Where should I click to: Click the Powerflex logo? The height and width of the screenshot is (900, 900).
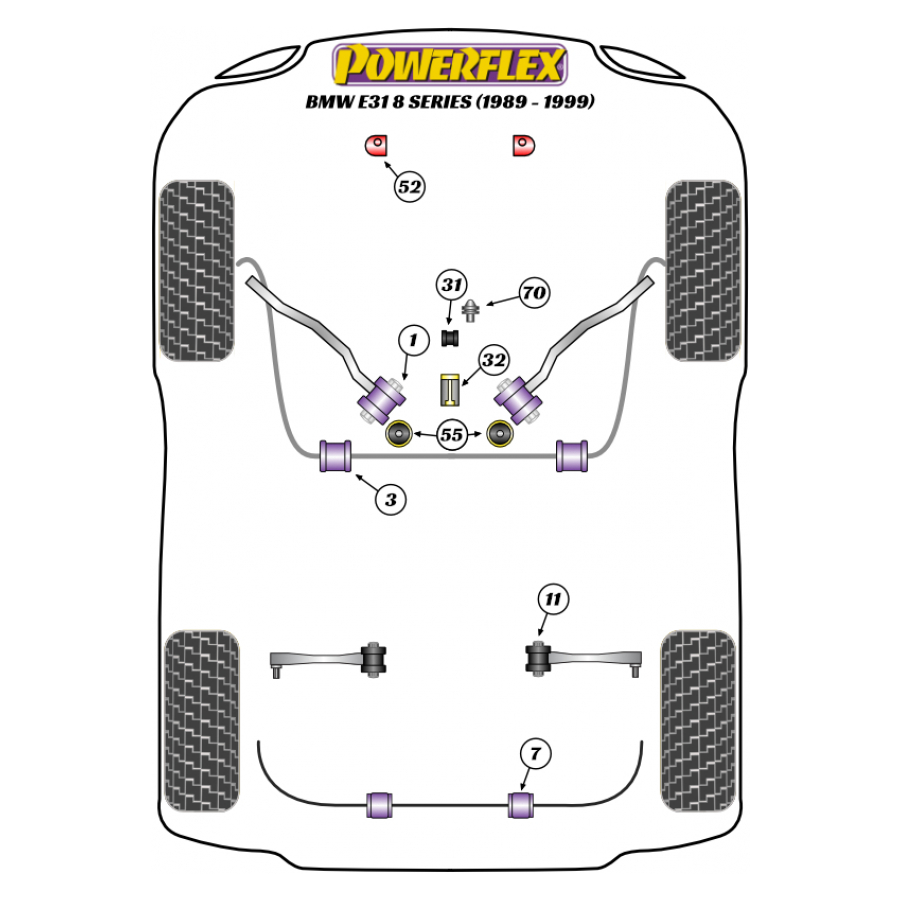pos(449,64)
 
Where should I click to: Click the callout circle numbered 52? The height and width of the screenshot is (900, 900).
pos(409,187)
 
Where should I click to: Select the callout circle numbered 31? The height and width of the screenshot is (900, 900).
pos(452,285)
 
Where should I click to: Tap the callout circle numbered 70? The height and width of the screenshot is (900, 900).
pos(534,293)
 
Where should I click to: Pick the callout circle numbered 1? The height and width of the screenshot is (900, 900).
pos(413,340)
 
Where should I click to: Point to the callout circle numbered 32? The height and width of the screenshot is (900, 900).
pos(494,360)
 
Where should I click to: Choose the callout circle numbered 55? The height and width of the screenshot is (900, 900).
pos(451,435)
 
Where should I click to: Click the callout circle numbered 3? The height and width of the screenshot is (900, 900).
pos(391,499)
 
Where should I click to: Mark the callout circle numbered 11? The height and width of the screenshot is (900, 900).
pos(553,599)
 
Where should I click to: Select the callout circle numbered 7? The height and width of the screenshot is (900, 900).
pos(536,754)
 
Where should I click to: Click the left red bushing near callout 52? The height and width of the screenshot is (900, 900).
pos(377,145)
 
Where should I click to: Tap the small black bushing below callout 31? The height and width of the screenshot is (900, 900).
pos(451,338)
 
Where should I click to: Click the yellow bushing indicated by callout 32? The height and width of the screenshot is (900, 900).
pos(449,390)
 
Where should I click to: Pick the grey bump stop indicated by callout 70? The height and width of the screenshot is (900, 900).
pos(471,311)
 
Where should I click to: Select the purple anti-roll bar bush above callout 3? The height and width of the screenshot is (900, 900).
pos(335,456)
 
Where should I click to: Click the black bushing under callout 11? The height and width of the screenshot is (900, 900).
pos(538,658)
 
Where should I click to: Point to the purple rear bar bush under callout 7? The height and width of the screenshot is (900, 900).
pos(521,805)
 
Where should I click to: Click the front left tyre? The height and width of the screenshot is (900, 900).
pos(196,270)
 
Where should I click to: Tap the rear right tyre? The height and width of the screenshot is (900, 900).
pos(699,721)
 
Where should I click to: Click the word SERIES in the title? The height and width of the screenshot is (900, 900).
pos(440,102)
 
